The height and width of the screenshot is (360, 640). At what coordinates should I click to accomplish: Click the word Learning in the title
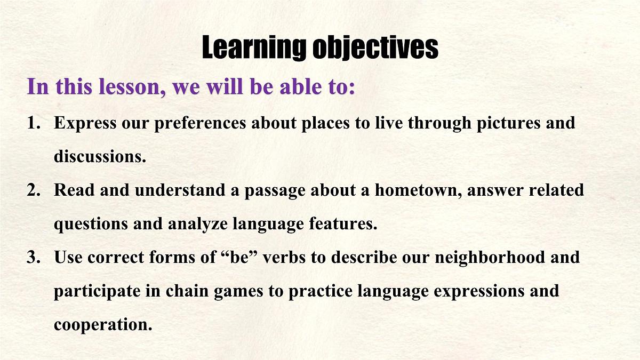pyautogui.click(x=254, y=47)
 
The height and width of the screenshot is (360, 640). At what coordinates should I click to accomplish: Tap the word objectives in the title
pyautogui.click(x=375, y=47)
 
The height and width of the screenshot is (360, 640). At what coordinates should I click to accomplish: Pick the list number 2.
pyautogui.click(x=34, y=190)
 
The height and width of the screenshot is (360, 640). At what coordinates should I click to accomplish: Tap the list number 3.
pyautogui.click(x=34, y=257)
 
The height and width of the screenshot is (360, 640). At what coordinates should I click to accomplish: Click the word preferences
pyautogui.click(x=200, y=124)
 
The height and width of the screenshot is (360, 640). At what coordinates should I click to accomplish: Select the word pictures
pyautogui.click(x=509, y=124)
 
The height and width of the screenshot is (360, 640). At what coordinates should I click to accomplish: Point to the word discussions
pyautogui.click(x=100, y=157)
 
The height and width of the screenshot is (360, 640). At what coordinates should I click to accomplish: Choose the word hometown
pyautogui.click(x=419, y=190)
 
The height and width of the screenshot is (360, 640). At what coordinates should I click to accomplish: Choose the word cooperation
pyautogui.click(x=103, y=325)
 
